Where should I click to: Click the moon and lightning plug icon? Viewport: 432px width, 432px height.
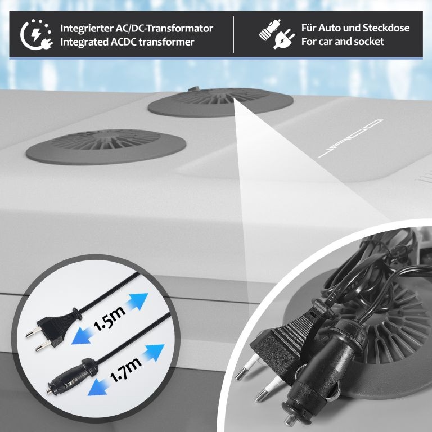tap(36, 35)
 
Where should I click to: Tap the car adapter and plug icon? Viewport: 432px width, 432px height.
tap(277, 34)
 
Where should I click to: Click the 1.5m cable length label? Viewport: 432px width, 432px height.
tap(109, 318)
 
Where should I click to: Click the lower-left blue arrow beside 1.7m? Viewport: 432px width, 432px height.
tap(98, 387)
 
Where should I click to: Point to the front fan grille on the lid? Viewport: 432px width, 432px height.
tap(106, 147)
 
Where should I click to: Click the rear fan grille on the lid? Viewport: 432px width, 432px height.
tap(220, 101)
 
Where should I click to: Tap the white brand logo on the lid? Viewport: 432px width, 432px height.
tap(350, 138)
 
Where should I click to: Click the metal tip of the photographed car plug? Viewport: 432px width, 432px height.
tap(289, 418)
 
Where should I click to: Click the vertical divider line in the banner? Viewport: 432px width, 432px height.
tap(233, 34)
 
